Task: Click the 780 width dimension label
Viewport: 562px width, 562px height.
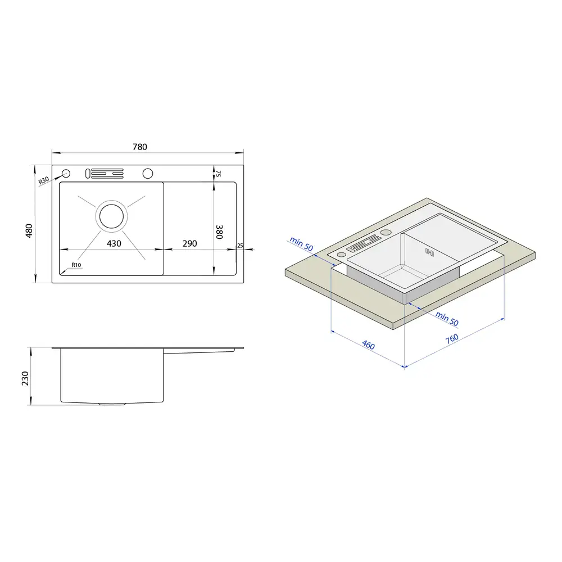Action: pyautogui.click(x=140, y=147)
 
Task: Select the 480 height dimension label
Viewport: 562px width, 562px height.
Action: pyautogui.click(x=29, y=230)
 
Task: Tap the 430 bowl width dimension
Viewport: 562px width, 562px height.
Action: pyautogui.click(x=114, y=244)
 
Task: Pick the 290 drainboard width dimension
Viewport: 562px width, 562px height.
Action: pyautogui.click(x=189, y=244)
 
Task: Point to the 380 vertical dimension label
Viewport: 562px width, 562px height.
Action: pyautogui.click(x=219, y=232)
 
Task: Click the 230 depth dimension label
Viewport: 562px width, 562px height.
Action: pyautogui.click(x=25, y=378)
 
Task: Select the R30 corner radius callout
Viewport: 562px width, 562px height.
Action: pyautogui.click(x=43, y=180)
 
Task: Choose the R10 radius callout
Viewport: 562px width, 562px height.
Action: pyautogui.click(x=76, y=265)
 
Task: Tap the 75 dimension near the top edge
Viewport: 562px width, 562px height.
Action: pyautogui.click(x=218, y=174)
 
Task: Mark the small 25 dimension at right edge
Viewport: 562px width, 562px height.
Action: pyautogui.click(x=240, y=246)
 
